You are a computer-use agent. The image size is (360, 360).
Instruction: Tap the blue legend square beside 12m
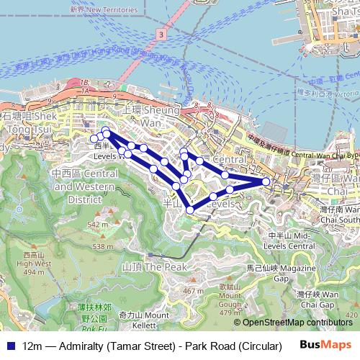(x=9, y=346)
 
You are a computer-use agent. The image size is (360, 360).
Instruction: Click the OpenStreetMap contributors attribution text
(x=297, y=323)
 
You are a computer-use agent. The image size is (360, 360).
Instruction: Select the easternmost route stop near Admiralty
(x=266, y=182)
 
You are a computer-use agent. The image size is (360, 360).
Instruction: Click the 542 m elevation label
(x=96, y=225)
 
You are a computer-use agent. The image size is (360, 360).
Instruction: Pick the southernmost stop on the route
(x=190, y=210)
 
